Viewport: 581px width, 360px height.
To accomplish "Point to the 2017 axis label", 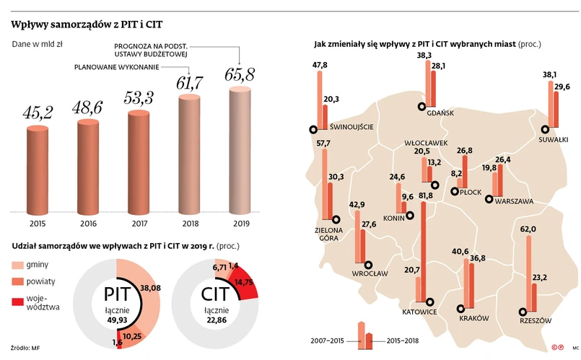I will pos(139,223).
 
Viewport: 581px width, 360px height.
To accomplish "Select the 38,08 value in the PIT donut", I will pos(149,287).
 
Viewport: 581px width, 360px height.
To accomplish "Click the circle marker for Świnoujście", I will pos(313,130).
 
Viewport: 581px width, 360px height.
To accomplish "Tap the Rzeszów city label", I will pos(535,320).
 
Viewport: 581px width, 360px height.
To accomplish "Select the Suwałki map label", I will pos(554,138).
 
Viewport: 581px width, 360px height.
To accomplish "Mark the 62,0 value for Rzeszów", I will pos(529,229).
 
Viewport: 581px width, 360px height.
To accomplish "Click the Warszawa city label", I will pos(513,202).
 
